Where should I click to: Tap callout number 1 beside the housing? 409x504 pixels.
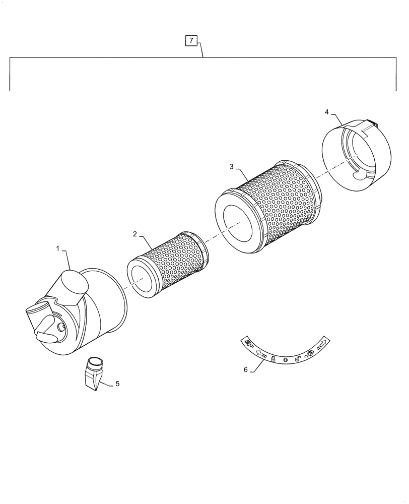click(x=58, y=248)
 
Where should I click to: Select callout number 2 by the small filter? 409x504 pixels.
click(x=135, y=234)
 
